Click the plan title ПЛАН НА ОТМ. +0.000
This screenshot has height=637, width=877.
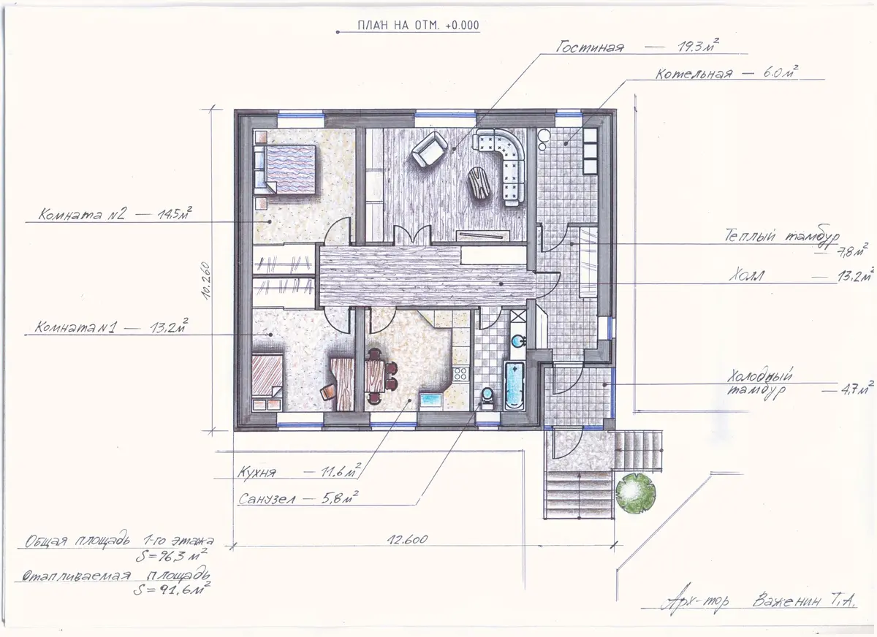418,26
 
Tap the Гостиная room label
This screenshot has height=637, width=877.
590,47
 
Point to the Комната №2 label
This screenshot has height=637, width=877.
82,214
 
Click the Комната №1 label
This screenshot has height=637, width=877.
75,327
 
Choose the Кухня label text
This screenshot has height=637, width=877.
257,473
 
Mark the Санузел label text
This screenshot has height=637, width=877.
267,499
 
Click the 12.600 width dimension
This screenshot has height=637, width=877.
408,540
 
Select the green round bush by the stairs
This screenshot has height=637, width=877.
635,492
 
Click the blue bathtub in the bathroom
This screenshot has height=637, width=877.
515,385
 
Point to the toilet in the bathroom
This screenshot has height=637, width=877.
487,398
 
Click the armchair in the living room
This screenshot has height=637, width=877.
430,149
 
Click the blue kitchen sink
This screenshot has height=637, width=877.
431,401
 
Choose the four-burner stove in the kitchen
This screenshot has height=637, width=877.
460,374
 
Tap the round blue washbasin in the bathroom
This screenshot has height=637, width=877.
519,342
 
